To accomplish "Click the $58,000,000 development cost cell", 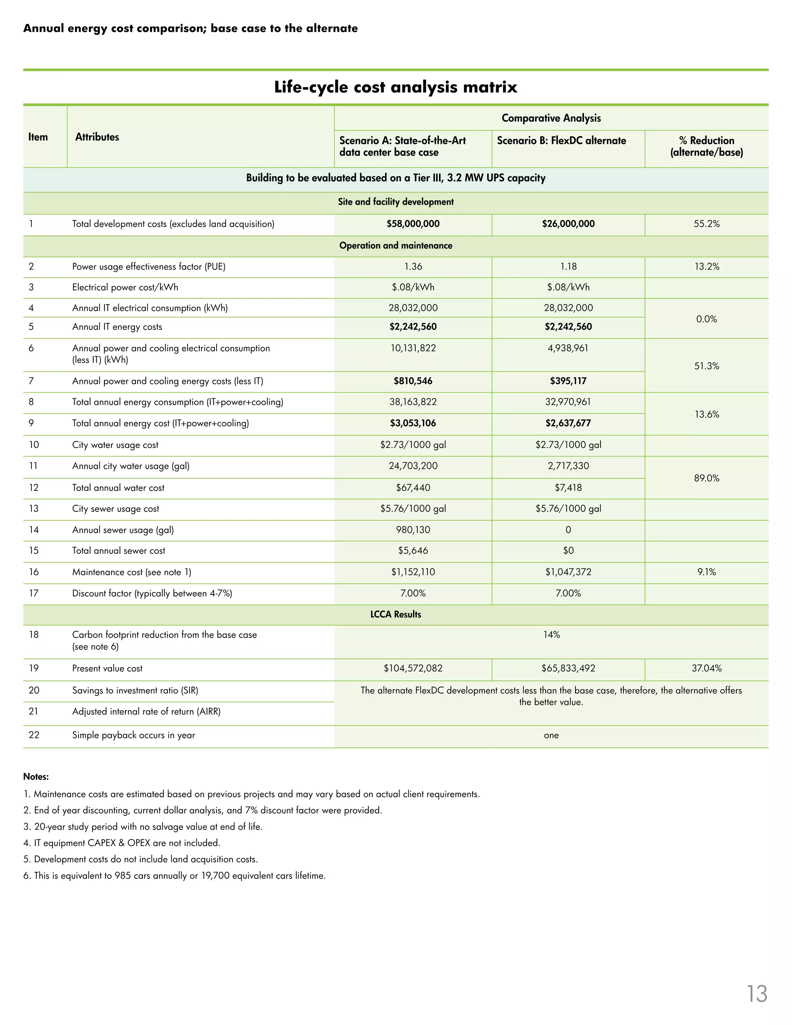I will (x=413, y=224).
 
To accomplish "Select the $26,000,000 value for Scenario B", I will (x=568, y=224).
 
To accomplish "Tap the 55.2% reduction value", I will (x=707, y=224).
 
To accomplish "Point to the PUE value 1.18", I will (x=568, y=266).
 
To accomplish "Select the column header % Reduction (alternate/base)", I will (x=707, y=147).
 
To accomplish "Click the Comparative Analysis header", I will (x=551, y=118).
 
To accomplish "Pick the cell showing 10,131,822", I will (x=413, y=348).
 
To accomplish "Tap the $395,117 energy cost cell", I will (x=568, y=381).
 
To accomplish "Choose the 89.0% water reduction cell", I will (x=707, y=478).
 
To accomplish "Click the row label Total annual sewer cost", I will (x=119, y=550).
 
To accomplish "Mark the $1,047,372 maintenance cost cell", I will (x=568, y=572).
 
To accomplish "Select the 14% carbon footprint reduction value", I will (x=551, y=634).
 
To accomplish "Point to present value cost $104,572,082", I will (x=413, y=668).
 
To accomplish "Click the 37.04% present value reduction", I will (x=707, y=668).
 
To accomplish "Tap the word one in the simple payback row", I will (x=551, y=735).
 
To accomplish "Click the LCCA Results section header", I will (x=396, y=614).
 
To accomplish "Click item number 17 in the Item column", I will (x=34, y=593).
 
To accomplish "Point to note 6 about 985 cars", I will (x=174, y=876).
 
